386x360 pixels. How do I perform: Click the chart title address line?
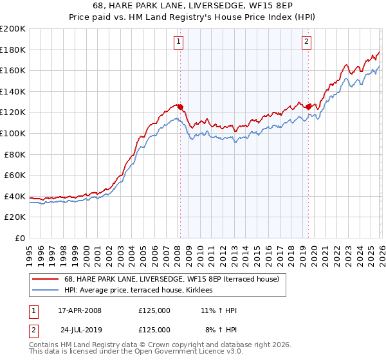193,6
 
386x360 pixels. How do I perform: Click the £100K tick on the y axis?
13,133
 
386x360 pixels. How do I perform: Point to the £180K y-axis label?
13,50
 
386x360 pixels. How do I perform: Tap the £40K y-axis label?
15,196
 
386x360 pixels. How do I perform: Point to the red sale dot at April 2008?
180,107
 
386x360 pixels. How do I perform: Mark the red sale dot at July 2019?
308,107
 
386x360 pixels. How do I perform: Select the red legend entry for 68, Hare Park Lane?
171,279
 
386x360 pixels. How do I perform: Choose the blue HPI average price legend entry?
143,291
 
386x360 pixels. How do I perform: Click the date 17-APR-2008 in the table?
80,310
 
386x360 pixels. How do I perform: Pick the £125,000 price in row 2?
154,329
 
